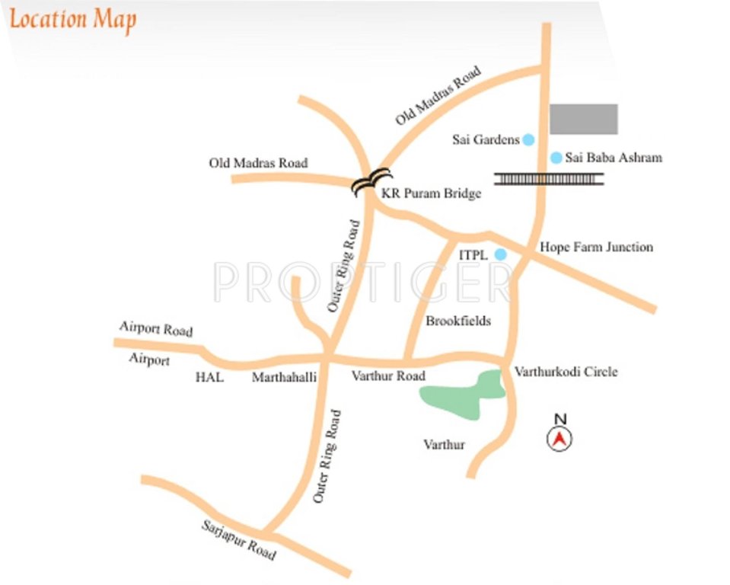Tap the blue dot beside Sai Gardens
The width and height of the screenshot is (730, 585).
pos(528,139)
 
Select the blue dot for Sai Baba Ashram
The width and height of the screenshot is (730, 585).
pos(556,158)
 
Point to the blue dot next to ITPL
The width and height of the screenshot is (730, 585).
pos(500,254)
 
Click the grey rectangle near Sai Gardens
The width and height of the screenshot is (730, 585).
pos(583,120)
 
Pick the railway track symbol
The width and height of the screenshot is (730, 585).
pos(549,179)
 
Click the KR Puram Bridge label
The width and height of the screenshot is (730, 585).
pos(432,193)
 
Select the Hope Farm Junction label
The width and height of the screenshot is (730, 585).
pos(596,247)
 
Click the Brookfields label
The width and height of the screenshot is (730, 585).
pos(458,321)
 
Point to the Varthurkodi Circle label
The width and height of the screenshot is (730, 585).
pos(566,372)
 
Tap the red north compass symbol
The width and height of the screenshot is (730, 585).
pos(559,437)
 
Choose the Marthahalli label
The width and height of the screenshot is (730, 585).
pos(284,376)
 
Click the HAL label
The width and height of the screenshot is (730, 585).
pos(209,376)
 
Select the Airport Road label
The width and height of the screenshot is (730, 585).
pos(156,328)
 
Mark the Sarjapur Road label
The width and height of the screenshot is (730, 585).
pos(238,540)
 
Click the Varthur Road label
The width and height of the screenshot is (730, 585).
pos(388,376)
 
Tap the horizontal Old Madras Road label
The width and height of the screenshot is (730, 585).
pos(258,163)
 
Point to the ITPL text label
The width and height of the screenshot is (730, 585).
pos(472,254)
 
